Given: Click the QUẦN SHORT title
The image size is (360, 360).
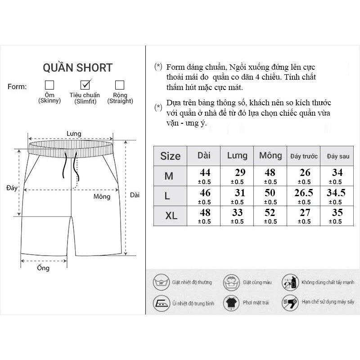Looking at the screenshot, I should (77, 68).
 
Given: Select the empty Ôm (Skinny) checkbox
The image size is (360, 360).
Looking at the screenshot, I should (49, 85).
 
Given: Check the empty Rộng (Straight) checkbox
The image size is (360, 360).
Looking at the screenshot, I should (120, 85).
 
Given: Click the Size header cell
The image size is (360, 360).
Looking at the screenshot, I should (170, 156).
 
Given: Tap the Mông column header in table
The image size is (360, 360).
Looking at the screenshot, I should (270, 156).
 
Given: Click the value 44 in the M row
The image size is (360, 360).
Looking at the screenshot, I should (205, 172).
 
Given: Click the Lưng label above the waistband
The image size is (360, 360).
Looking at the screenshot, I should (73, 134).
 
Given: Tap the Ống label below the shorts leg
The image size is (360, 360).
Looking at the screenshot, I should (43, 268).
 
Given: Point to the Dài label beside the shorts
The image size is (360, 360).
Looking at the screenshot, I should (135, 195).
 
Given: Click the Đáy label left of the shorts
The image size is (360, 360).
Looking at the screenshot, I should (12, 188).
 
